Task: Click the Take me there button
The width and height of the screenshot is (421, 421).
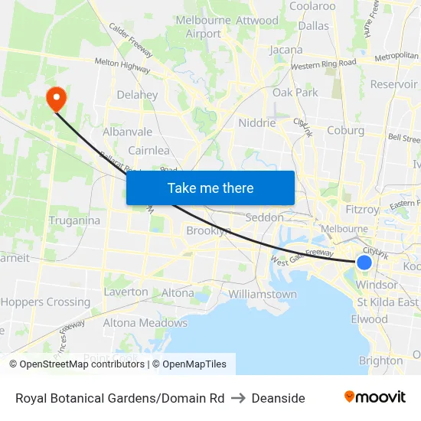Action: (x=210, y=188)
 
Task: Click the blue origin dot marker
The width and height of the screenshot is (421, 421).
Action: (x=364, y=263)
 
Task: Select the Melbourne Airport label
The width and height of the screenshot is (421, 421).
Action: (x=204, y=27)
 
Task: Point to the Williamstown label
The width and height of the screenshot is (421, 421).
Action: (x=263, y=294)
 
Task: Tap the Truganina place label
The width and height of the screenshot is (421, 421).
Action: (x=74, y=220)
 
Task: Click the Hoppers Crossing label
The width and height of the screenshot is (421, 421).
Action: (x=45, y=302)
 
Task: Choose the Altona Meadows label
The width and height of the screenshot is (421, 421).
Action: (x=145, y=322)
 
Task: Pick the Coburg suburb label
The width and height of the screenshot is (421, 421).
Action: (x=345, y=130)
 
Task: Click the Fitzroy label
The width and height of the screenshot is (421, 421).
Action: (x=361, y=209)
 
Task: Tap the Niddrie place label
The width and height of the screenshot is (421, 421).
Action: (x=256, y=122)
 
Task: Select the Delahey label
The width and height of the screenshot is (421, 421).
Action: (x=137, y=95)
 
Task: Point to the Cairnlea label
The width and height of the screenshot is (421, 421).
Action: (x=148, y=150)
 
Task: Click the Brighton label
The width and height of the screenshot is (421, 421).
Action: (x=380, y=361)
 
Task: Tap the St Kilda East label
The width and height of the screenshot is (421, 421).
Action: (x=387, y=302)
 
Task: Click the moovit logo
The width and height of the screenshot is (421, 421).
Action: (x=375, y=397)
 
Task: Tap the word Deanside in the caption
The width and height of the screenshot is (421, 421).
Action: (x=278, y=398)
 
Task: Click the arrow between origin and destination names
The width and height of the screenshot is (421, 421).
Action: (x=238, y=398)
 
